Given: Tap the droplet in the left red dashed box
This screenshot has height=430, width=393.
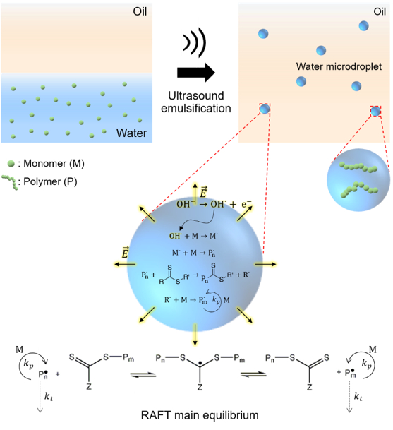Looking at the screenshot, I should pos(265,109).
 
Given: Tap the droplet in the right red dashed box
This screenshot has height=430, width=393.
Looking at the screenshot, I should pos(375,111).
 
